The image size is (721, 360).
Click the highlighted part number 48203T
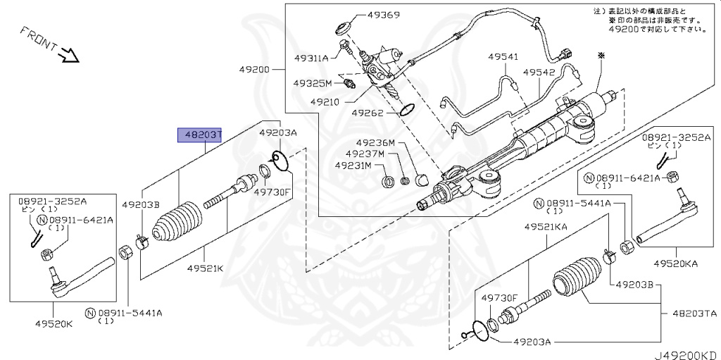pyautogui.click(x=201, y=135)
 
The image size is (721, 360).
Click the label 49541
pyautogui.click(x=503, y=57)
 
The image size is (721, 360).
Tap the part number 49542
pyautogui.click(x=539, y=73)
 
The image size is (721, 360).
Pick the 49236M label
pyautogui.click(x=375, y=142)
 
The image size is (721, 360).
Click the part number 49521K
pyautogui.click(x=205, y=268)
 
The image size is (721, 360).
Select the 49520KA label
pyautogui.click(x=674, y=263)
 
